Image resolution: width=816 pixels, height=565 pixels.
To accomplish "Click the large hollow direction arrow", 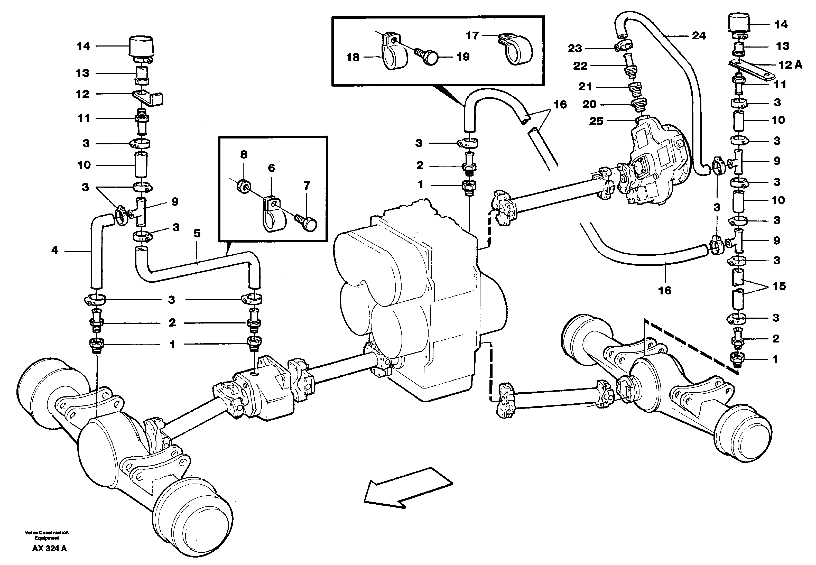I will [407, 488].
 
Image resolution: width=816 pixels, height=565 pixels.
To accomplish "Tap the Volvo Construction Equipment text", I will [47, 535].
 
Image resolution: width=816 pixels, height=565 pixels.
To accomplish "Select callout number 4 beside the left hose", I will [54, 250].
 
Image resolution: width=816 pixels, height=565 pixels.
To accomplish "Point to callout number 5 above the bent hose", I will [197, 233].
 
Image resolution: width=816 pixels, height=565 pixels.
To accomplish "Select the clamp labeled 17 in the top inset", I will [517, 50].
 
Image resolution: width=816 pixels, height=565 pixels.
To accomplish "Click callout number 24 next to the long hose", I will [699, 35].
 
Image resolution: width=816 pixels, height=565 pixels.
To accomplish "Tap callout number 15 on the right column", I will [779, 286].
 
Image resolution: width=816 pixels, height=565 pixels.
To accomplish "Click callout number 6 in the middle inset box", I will [271, 168].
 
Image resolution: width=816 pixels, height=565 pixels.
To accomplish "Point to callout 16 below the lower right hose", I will [664, 290].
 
